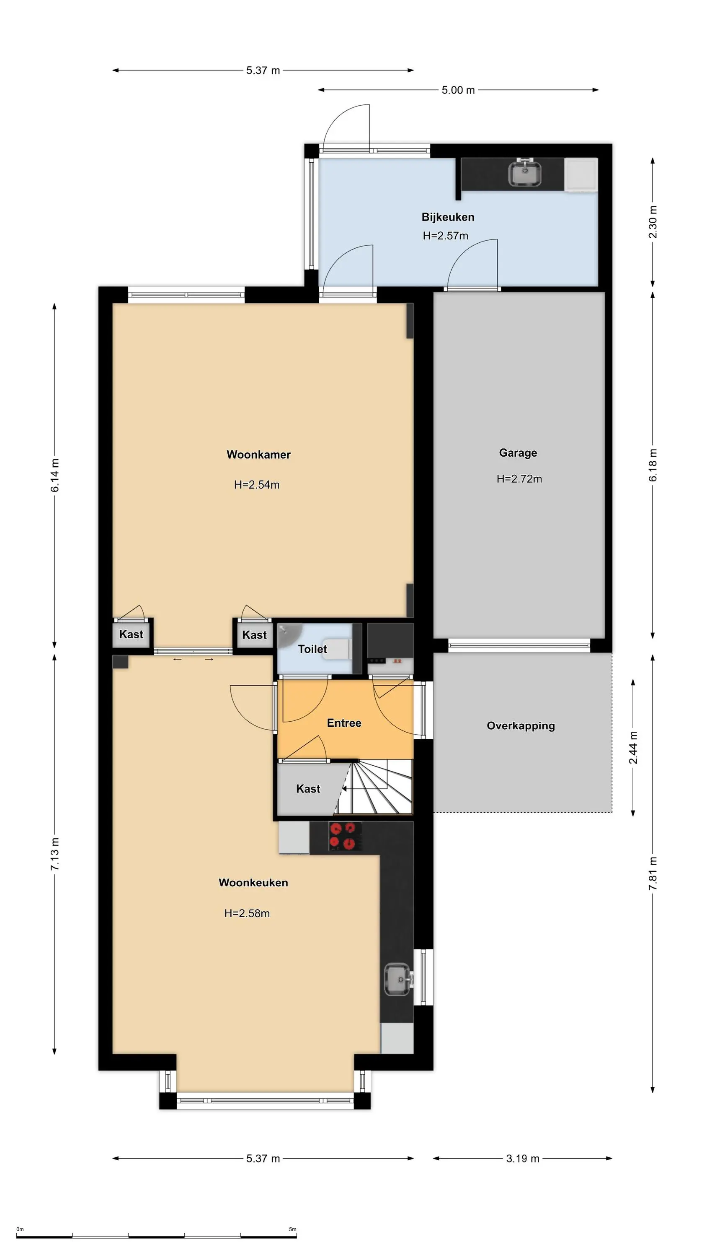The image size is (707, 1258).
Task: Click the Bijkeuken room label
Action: coord(447,217)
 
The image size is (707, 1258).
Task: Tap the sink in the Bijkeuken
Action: coord(524,173)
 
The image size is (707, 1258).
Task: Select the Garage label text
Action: coord(518,453)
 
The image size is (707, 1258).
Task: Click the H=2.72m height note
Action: coord(519,478)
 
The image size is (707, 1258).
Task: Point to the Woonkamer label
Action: coord(258,455)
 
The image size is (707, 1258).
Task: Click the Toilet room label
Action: coord(312,649)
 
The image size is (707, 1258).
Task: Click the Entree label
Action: coord(344,723)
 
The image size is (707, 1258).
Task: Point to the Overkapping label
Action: coord(521,726)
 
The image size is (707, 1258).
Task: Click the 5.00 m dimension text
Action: coord(458,90)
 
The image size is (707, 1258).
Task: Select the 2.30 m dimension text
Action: coord(653,222)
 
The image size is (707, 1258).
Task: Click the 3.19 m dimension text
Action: coord(523,1158)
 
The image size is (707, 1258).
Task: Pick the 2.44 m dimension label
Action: coord(633,748)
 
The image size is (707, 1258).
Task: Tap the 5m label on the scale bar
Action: coord(293,1229)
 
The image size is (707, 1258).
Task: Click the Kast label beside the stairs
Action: coord(308,789)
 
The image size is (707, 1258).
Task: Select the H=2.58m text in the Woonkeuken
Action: coord(247,913)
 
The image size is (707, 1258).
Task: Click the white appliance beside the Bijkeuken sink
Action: coord(581,174)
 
